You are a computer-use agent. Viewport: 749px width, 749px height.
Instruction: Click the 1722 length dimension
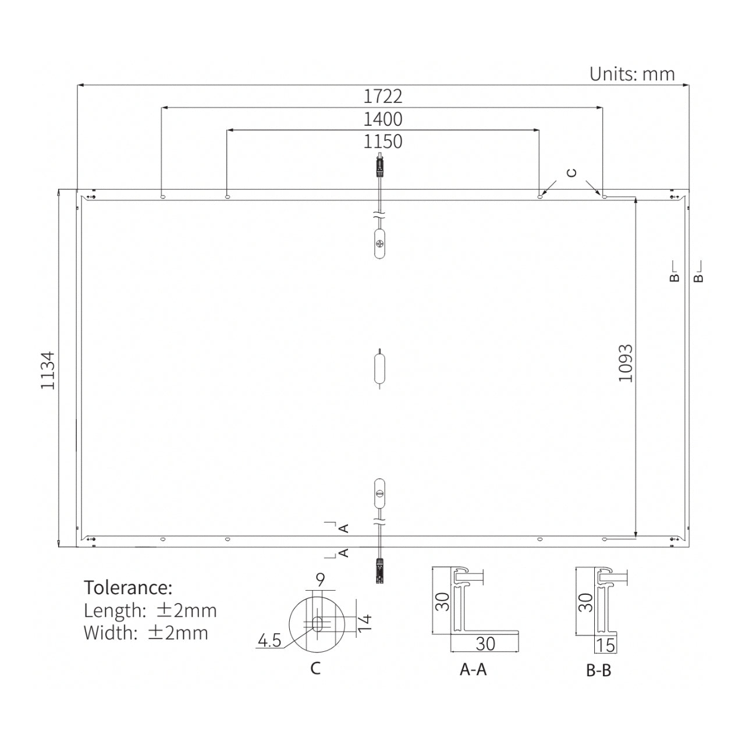(x=382, y=97)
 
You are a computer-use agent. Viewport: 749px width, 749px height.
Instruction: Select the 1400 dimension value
(x=382, y=119)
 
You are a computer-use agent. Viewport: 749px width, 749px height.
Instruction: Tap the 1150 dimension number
(x=382, y=142)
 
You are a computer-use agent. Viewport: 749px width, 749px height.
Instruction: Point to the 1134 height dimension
(x=48, y=370)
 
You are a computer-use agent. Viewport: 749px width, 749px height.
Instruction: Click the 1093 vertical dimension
(x=626, y=363)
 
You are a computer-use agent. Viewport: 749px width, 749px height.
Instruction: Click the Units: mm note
(x=632, y=74)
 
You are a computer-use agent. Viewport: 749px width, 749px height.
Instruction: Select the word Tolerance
(x=128, y=588)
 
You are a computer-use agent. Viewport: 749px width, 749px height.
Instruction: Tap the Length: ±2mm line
(x=150, y=610)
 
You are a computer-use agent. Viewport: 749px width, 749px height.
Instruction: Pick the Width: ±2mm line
(x=145, y=633)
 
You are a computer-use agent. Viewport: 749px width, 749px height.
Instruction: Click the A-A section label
(x=473, y=670)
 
